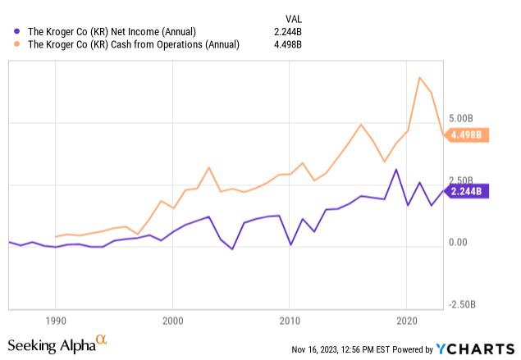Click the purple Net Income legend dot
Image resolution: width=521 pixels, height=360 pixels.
[x=9, y=30]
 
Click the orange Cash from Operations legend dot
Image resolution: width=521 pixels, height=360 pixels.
[x=9, y=44]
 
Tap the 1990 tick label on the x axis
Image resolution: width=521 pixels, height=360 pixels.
[x=56, y=318]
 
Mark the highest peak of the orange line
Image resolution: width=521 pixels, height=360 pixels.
[x=420, y=77]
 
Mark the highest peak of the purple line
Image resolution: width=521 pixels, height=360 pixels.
[x=396, y=170]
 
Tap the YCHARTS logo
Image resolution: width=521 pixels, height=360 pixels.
[x=481, y=348]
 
